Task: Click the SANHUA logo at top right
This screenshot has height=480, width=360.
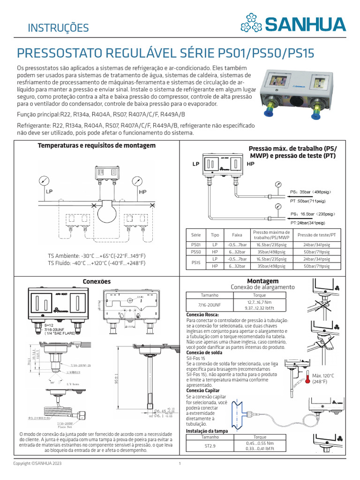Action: (x=293, y=23)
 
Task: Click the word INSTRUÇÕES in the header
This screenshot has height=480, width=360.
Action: (x=58, y=28)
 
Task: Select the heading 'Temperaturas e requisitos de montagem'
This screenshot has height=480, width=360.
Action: (x=97, y=146)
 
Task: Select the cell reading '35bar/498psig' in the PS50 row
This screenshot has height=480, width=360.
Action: (x=271, y=252)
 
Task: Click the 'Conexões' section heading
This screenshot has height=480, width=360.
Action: (x=97, y=281)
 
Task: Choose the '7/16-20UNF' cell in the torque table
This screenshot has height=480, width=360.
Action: (x=206, y=305)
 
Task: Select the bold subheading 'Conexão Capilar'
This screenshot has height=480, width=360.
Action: (x=202, y=390)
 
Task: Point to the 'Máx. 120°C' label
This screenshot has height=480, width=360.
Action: (x=323, y=376)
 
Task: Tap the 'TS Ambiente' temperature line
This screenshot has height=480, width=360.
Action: (x=97, y=256)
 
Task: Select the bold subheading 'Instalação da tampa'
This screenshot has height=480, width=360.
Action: (x=207, y=430)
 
